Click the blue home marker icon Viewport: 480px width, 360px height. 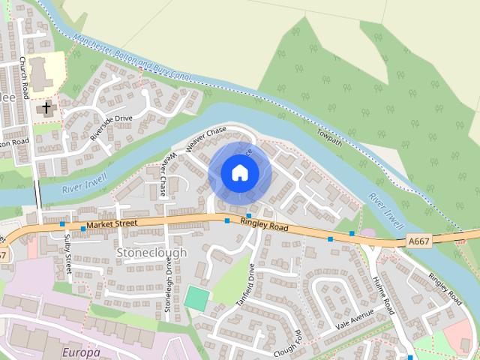(240, 173)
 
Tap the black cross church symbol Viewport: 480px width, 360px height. (46, 108)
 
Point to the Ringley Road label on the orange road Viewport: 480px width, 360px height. (264, 223)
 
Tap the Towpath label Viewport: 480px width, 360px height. (330, 135)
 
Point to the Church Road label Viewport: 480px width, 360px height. (25, 77)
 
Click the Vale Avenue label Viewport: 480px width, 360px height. (354, 321)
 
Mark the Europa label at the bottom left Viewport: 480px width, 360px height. (80, 352)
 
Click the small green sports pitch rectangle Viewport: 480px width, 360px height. (196, 297)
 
